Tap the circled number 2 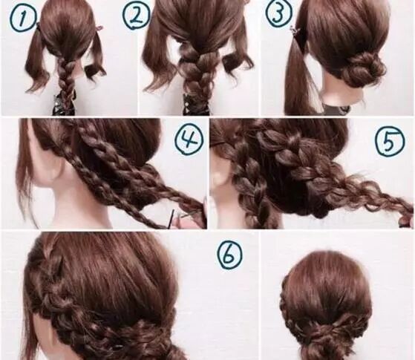(x=136, y=16)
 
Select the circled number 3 (x=278, y=12)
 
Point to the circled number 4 (x=190, y=140)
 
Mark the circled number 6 (x=229, y=255)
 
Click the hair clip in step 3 (x=294, y=32)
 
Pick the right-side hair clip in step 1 (x=99, y=27)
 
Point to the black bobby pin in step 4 (x=172, y=220)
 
